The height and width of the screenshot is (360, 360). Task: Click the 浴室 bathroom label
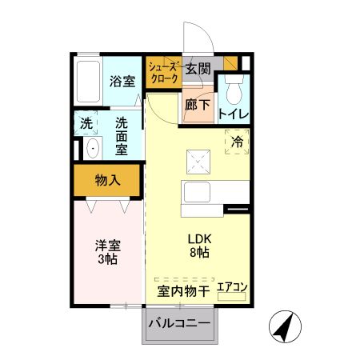pos(122,82)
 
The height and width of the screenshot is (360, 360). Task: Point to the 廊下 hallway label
pos(197,105)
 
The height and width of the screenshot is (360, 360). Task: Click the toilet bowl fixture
pos(234,89)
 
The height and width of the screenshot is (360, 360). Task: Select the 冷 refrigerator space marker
pos(238,142)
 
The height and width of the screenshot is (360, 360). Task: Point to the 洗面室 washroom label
pos(122,136)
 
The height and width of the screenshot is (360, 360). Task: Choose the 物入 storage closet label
pos(107,180)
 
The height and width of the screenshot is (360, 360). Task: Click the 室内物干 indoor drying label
pos(182,292)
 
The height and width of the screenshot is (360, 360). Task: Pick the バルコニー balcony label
pos(181,324)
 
